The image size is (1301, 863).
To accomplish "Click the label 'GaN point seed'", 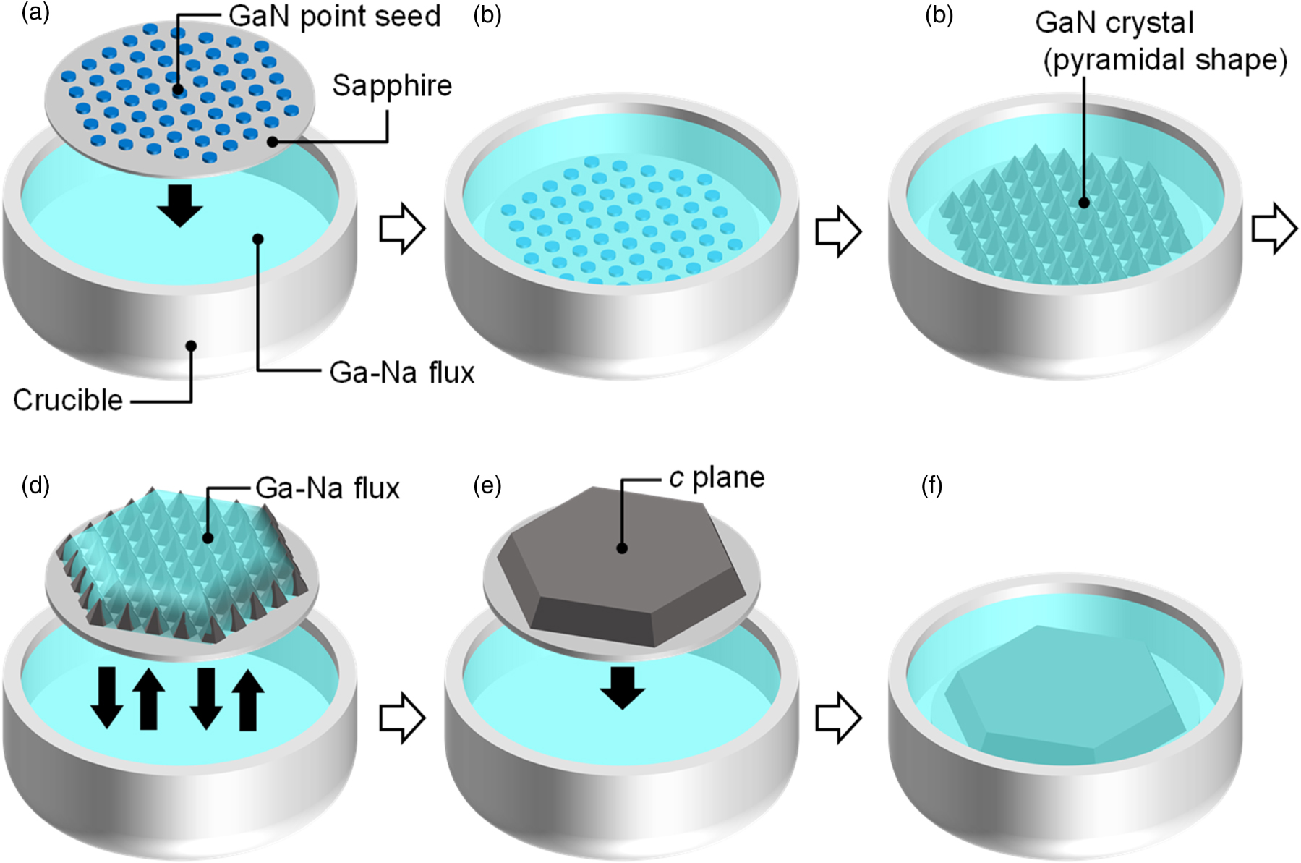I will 334,17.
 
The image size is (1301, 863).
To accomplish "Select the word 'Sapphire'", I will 392,86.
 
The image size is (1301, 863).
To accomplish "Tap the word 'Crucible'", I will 68,400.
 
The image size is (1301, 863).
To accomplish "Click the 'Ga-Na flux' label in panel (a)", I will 401,373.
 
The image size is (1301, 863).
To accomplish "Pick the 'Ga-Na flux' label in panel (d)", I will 328,488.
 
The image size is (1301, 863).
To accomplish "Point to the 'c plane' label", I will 717,478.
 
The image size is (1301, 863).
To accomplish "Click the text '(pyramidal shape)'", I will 1165,61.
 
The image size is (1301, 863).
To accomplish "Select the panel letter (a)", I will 35,14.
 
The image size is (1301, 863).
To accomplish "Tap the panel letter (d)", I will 35,485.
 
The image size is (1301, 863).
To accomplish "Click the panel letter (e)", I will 487,485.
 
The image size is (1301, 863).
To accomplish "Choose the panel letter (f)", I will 931,485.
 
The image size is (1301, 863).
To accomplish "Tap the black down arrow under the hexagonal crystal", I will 622,686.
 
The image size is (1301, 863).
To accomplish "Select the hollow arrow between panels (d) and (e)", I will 402,718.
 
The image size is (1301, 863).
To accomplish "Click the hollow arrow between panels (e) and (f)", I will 838,718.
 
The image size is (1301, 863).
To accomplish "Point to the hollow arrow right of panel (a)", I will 402,229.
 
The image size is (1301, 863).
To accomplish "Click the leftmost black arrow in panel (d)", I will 107,697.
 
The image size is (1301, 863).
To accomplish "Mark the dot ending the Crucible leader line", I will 191,346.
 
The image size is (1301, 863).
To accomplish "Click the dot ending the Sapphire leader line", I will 273,142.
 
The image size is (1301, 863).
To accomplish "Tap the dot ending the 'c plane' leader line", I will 622,548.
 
